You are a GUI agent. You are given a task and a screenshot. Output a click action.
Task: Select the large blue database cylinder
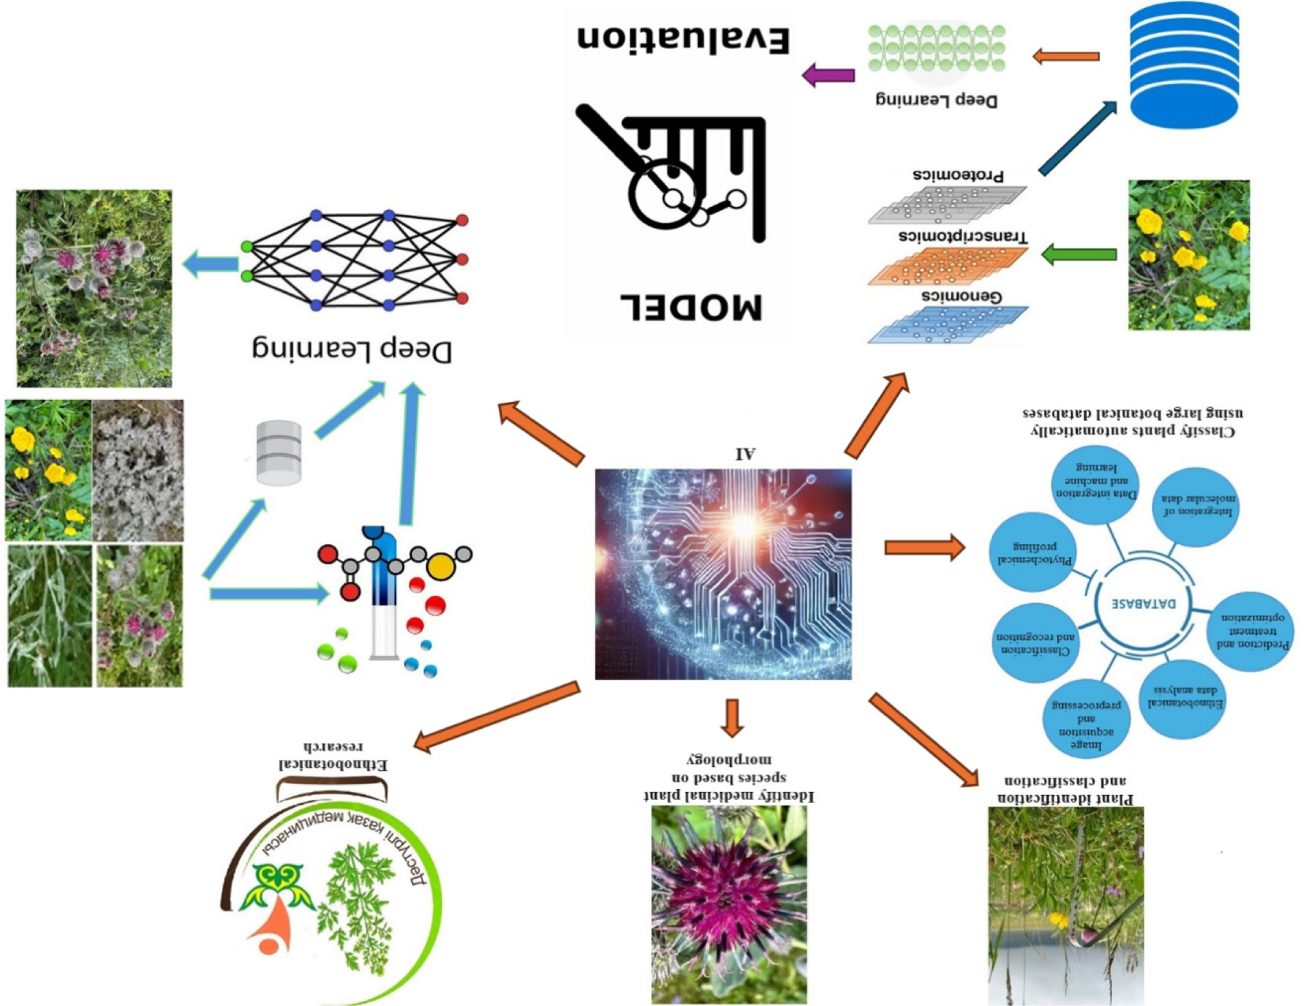pos(1183,65)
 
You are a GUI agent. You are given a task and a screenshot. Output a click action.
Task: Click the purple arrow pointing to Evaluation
pos(828,75)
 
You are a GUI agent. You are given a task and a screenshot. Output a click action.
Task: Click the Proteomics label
pos(958,175)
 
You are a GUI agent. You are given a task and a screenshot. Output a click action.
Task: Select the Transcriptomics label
pos(963,237)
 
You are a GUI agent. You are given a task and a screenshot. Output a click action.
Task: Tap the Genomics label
pos(961,296)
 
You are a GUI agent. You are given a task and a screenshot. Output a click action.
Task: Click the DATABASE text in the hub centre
pos(1143,603)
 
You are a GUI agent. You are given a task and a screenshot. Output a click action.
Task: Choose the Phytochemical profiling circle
pos(1034,553)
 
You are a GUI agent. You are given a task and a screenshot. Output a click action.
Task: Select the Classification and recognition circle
pos(1034,642)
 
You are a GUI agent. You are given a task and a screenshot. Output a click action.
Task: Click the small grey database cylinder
pos(279,452)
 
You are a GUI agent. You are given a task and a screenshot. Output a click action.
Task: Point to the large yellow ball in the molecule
pos(440,566)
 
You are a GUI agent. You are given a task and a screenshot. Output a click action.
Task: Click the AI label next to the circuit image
pos(745,454)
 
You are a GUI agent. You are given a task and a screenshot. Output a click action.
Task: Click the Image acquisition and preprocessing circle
pos(1085,718)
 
